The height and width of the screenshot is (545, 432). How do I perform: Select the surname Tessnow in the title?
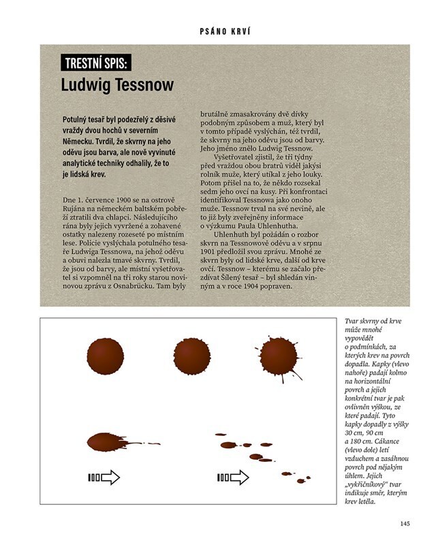(x=141, y=86)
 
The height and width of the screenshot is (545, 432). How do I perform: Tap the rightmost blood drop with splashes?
(x=278, y=356)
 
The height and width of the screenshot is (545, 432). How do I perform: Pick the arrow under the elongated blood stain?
(x=105, y=478)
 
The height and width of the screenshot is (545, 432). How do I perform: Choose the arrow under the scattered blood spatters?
(x=233, y=478)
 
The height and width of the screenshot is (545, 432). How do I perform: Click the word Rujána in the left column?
(x=78, y=208)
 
